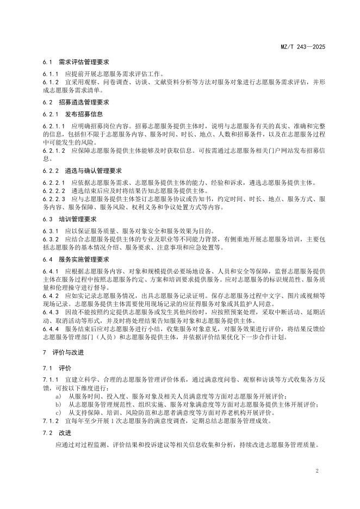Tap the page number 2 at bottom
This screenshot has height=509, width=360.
tap(316, 469)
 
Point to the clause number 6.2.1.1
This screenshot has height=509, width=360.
tap(53, 126)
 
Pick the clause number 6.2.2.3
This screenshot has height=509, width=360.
tap(53, 199)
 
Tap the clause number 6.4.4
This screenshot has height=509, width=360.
tap(51, 328)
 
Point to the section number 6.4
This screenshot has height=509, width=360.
tap(47, 259)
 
